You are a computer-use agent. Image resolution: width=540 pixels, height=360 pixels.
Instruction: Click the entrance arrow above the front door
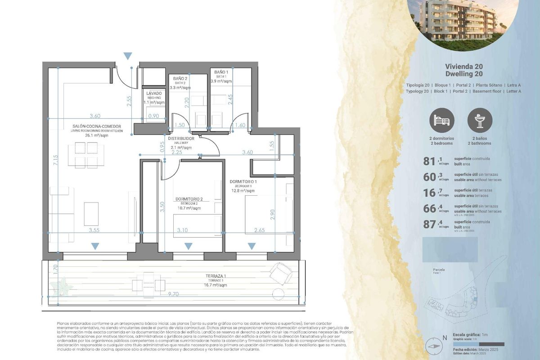pyautogui.click(x=128, y=56)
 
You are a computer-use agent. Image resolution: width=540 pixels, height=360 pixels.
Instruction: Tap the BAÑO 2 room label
pyautogui.click(x=180, y=78)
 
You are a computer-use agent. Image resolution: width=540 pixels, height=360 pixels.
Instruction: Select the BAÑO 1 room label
pyautogui.click(x=221, y=72)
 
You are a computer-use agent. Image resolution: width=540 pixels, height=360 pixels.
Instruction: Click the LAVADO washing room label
pyautogui.click(x=153, y=93)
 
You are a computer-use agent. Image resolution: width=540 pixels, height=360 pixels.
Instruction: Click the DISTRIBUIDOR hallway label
pyautogui.click(x=181, y=139)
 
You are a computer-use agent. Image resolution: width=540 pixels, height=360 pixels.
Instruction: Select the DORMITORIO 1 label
pyautogui.click(x=243, y=181)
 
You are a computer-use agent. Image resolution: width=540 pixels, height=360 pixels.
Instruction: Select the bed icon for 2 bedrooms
pyautogui.click(x=442, y=120)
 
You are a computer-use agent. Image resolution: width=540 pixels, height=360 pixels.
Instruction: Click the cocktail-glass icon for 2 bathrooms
pyautogui.click(x=480, y=120)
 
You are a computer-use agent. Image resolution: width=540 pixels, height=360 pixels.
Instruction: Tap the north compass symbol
pyautogui.click(x=435, y=346)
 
